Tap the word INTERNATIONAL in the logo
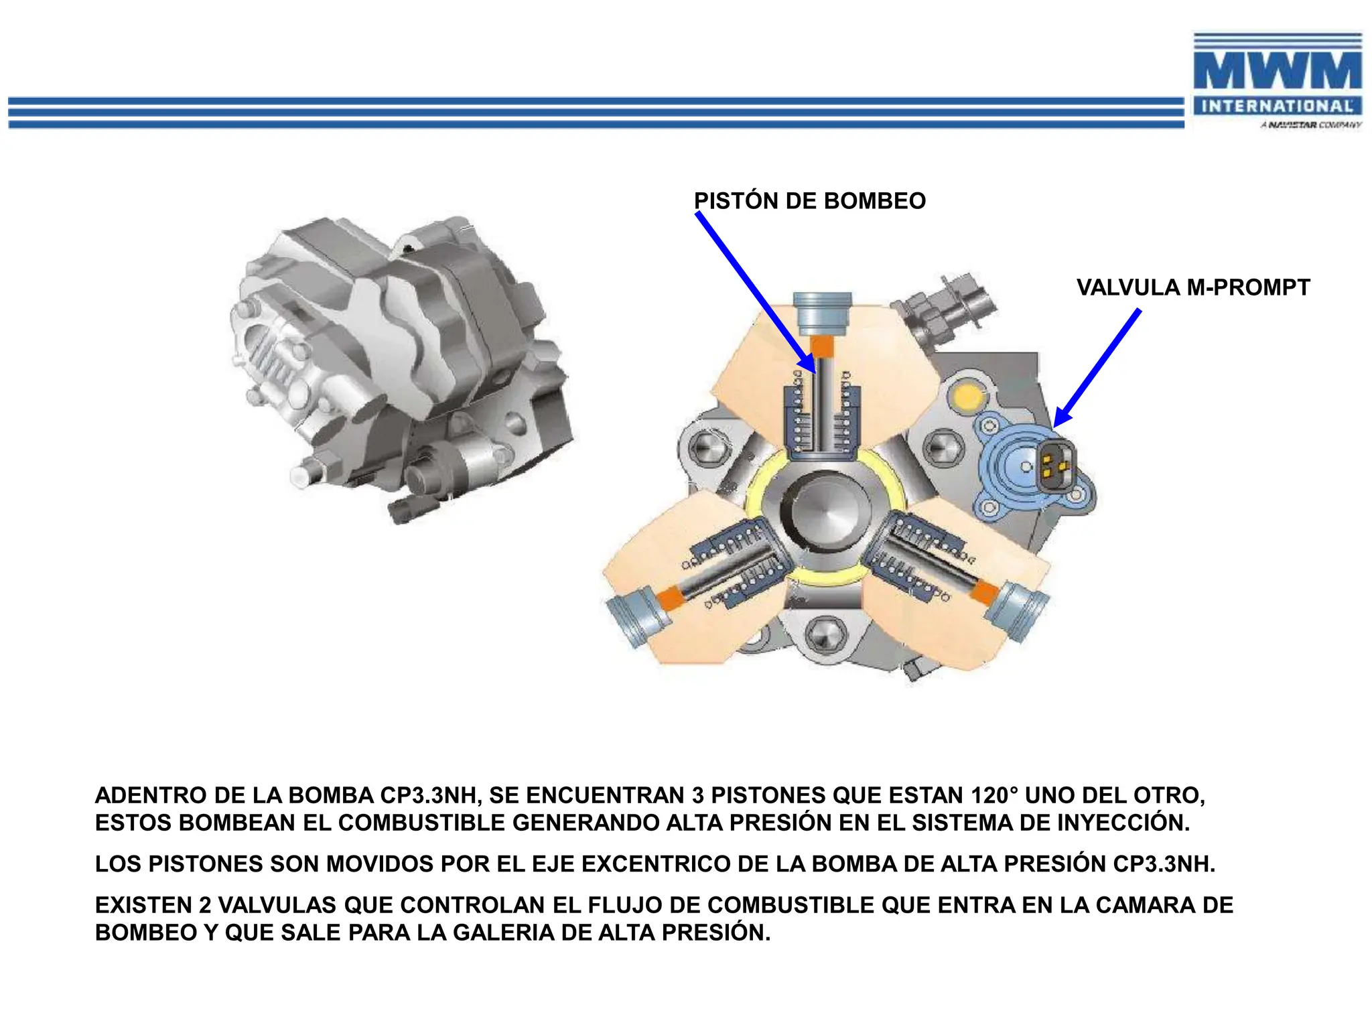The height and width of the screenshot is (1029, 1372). (x=1277, y=107)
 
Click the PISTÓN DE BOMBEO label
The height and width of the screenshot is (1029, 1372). (x=809, y=201)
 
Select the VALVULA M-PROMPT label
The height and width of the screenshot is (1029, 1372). (x=1192, y=287)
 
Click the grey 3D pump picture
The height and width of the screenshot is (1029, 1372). (x=402, y=368)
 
